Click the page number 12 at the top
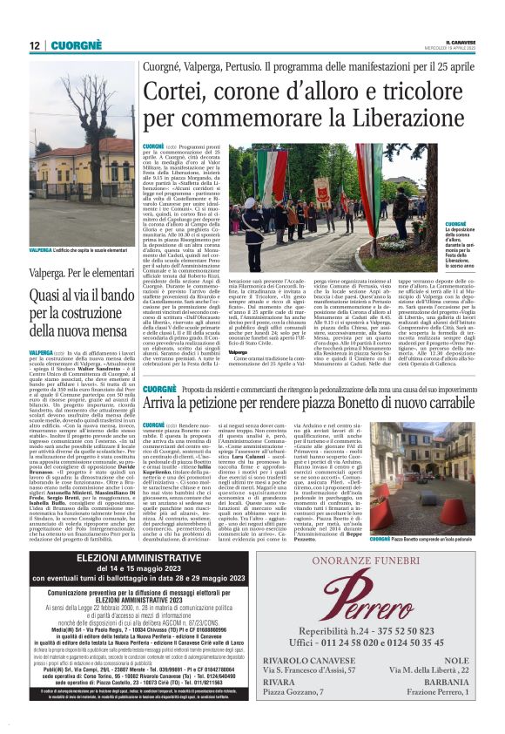click(35, 44)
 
